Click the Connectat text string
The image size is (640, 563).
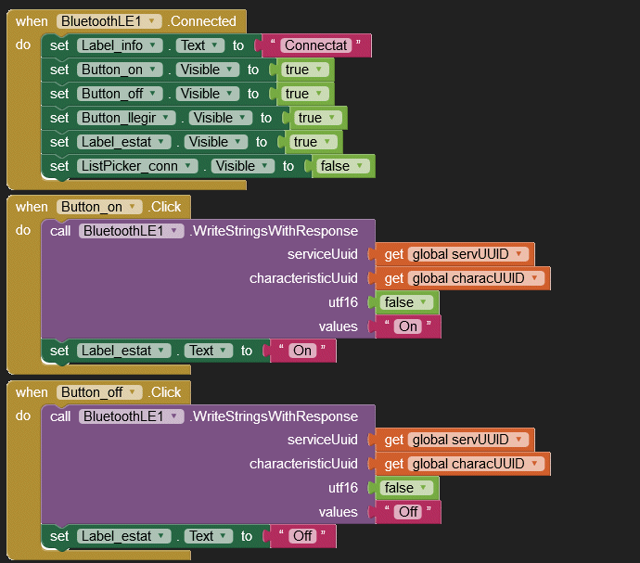316,45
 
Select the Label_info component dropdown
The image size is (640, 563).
120,45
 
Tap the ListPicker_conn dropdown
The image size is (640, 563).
137,166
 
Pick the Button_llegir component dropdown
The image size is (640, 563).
126,118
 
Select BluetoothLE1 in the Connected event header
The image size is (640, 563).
109,21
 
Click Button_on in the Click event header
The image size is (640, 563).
99,207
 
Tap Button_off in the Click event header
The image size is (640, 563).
99,392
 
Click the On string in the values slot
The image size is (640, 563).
408,326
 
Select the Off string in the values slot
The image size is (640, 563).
408,512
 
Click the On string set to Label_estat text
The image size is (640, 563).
302,351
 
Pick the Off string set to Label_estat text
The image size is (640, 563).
302,536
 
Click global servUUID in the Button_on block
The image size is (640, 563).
467,254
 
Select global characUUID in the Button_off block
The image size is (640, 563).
476,464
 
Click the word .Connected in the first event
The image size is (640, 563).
202,21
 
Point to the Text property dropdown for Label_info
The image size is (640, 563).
200,45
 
